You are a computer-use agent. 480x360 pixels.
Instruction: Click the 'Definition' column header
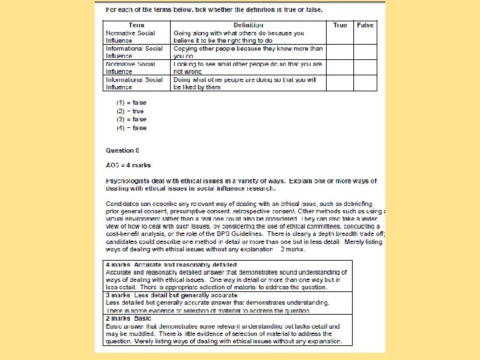coord(249,25)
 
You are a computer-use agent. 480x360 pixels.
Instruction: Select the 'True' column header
coord(340,25)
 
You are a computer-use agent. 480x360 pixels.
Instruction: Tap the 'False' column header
coord(365,25)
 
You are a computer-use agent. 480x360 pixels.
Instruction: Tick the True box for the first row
coord(340,37)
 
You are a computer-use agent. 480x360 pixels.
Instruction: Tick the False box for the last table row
coord(365,83)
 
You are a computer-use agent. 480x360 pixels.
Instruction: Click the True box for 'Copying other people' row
coord(340,53)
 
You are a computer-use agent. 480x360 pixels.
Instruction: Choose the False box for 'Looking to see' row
coord(365,68)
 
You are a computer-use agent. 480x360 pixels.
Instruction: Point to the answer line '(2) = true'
coord(131,111)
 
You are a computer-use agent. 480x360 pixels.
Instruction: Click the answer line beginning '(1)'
coord(131,103)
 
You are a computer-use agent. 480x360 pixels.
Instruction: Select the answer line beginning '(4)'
coord(131,127)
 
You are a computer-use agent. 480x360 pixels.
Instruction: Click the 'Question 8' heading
coord(123,150)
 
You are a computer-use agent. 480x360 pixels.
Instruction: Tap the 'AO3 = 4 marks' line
coord(129,165)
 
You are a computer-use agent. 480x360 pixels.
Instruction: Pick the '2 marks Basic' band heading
coord(129,319)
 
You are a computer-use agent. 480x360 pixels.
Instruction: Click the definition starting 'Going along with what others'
coord(239,33)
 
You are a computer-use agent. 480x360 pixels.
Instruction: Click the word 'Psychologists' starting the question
coord(125,181)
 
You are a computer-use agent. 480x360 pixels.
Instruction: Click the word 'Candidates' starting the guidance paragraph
coord(122,203)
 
